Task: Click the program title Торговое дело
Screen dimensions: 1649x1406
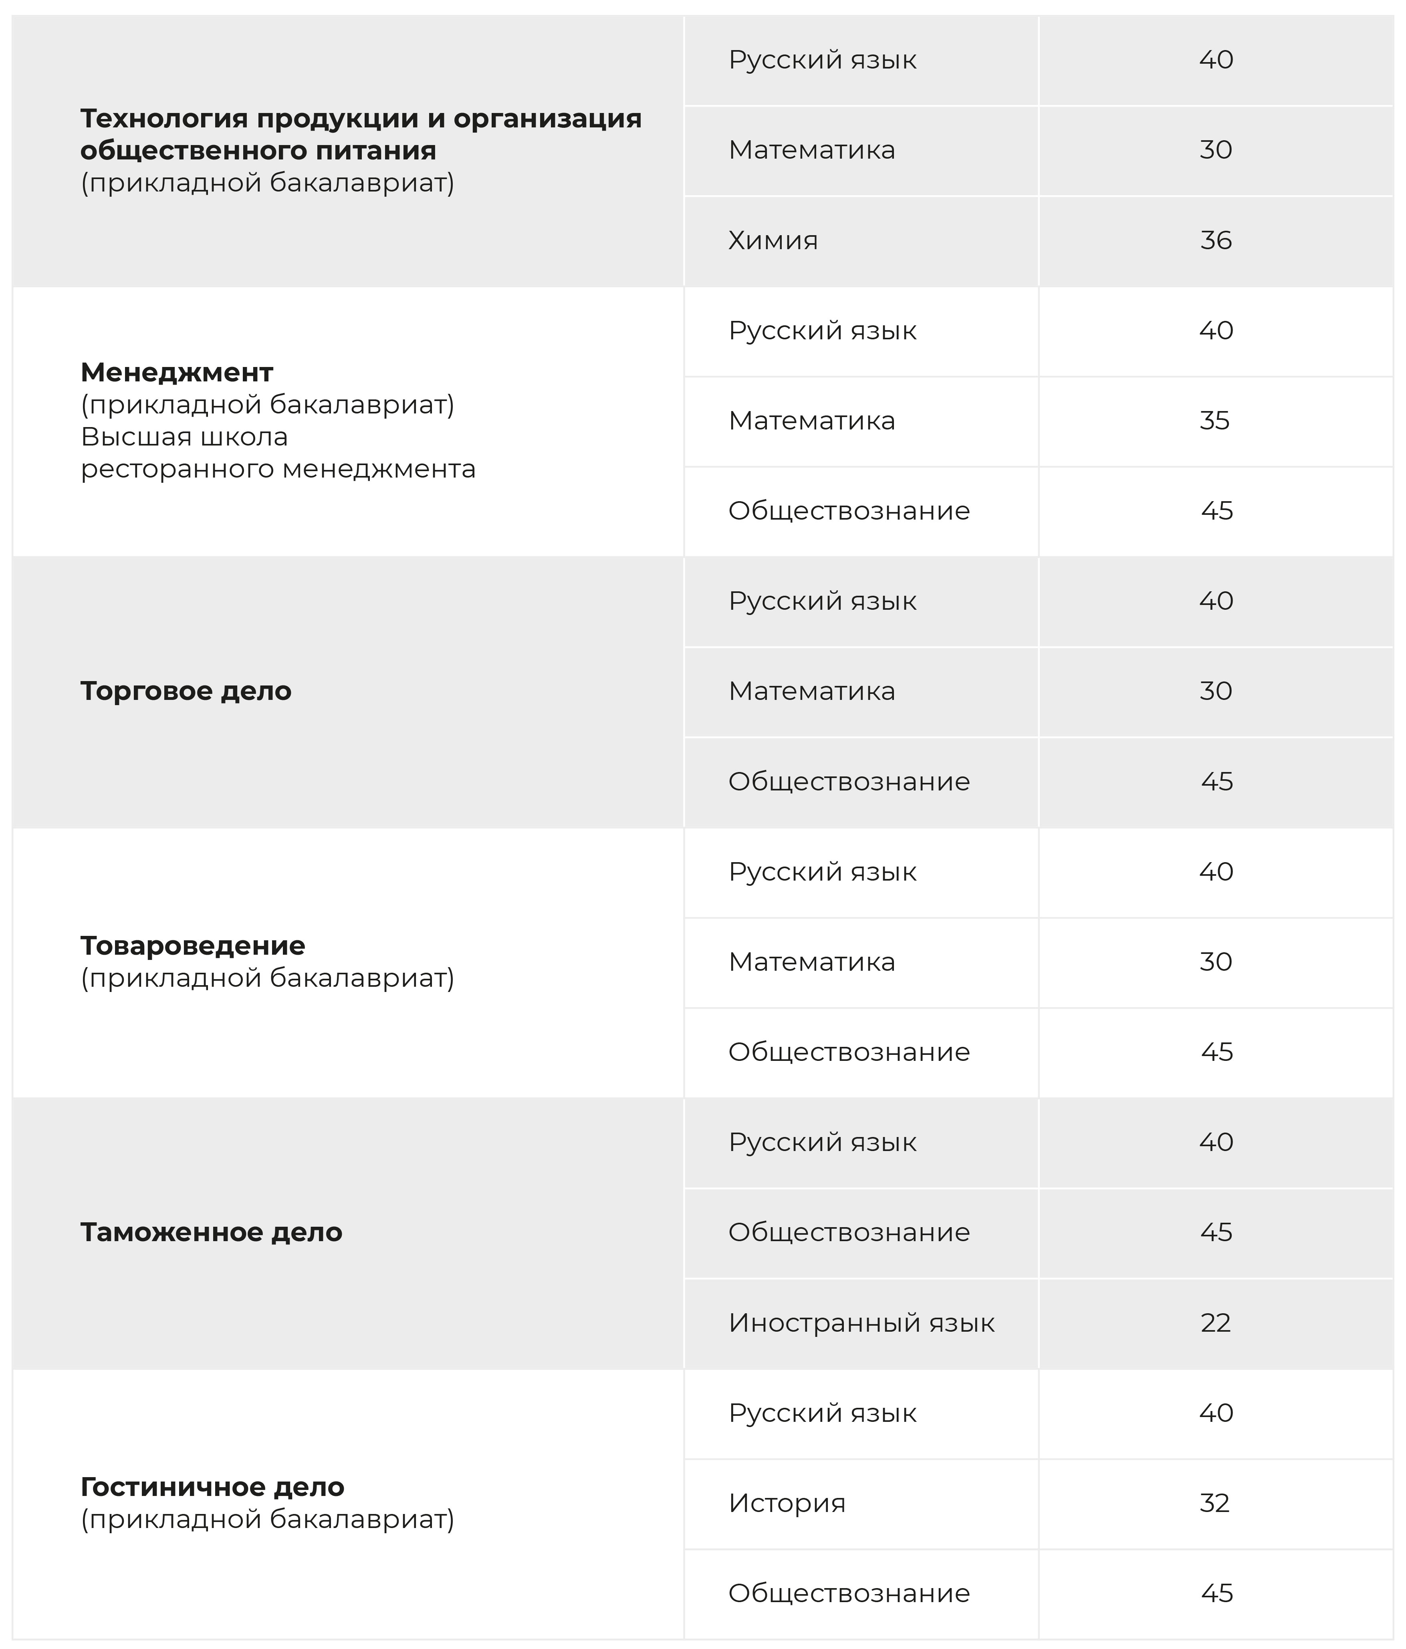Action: tap(186, 691)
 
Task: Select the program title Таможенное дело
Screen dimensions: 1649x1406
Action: tap(211, 1232)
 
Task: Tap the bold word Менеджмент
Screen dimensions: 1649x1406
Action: tap(177, 373)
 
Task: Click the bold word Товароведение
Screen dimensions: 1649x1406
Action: tap(193, 945)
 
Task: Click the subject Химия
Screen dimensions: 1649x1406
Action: tap(772, 240)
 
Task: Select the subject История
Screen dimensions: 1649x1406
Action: tap(787, 1502)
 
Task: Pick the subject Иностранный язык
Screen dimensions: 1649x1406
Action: tap(861, 1323)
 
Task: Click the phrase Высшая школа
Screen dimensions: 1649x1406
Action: tap(184, 437)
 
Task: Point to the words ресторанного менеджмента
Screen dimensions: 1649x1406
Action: tap(278, 469)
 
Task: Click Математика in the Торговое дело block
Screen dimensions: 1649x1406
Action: tap(811, 691)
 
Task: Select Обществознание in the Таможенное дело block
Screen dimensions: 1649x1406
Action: tap(849, 1232)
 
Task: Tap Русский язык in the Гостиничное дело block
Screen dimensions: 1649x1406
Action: tap(822, 1413)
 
